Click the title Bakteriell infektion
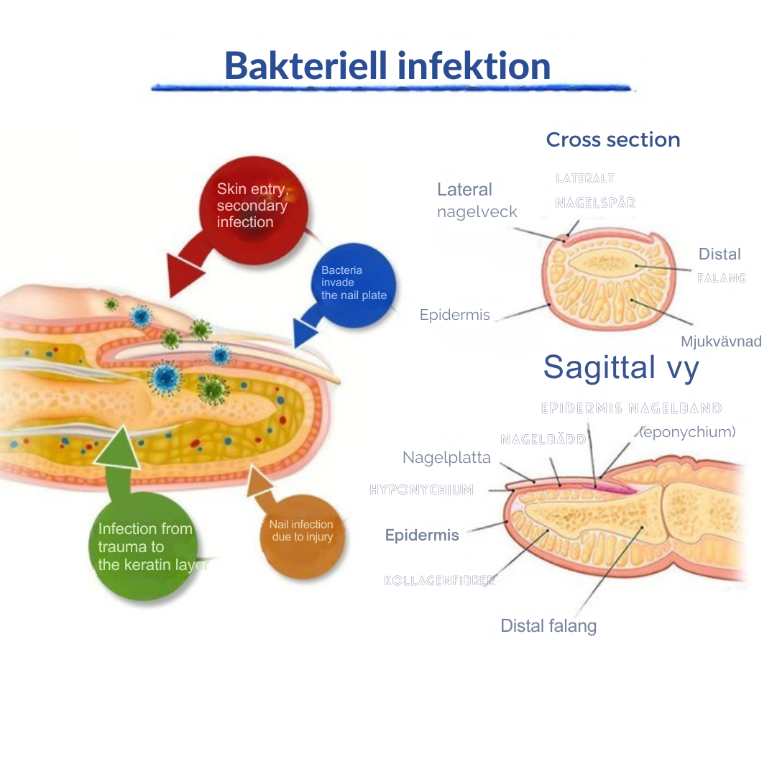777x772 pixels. tap(387, 65)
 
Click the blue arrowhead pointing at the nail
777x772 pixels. tap(305, 333)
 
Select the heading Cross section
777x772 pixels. tap(612, 139)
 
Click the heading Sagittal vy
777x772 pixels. tap(621, 367)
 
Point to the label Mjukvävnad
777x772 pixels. tap(721, 341)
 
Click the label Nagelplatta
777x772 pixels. tap(446, 458)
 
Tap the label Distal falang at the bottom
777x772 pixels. tap(548, 626)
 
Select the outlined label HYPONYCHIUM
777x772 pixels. tap(421, 490)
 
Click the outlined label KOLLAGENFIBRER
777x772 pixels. tap(440, 581)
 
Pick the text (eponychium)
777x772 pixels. tap(687, 432)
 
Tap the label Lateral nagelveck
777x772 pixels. tap(476, 201)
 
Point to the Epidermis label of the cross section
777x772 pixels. tap(455, 315)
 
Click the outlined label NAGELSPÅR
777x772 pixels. tap(595, 203)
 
